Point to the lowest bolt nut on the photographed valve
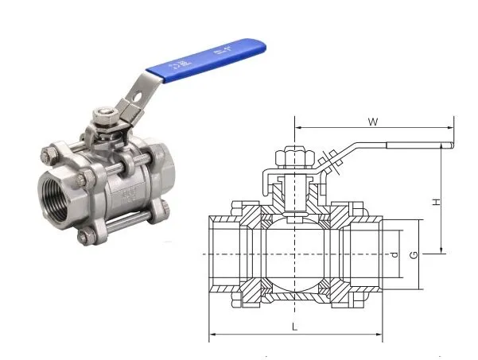click(x=84, y=237)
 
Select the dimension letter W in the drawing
click(x=372, y=122)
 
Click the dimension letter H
click(x=437, y=202)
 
